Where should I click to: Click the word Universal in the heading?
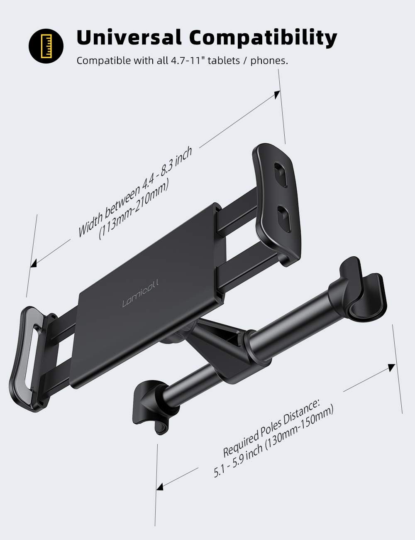coord(129,37)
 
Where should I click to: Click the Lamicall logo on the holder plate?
coord(140,293)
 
